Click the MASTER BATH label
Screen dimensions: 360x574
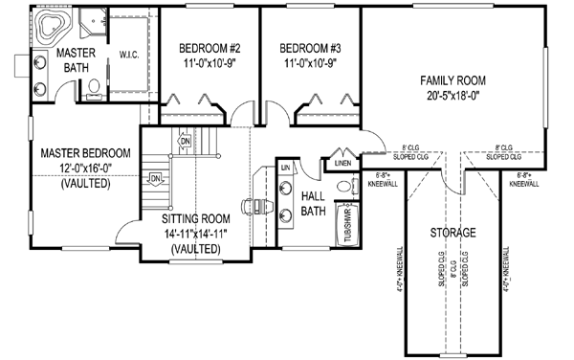[x=72, y=59]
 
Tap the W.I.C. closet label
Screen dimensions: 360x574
[x=130, y=55]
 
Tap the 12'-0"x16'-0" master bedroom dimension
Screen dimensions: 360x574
[x=85, y=168]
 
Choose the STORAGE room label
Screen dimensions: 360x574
[x=454, y=234]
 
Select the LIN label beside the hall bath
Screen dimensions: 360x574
[x=286, y=168]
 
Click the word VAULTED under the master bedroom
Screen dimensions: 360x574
[x=85, y=183]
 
